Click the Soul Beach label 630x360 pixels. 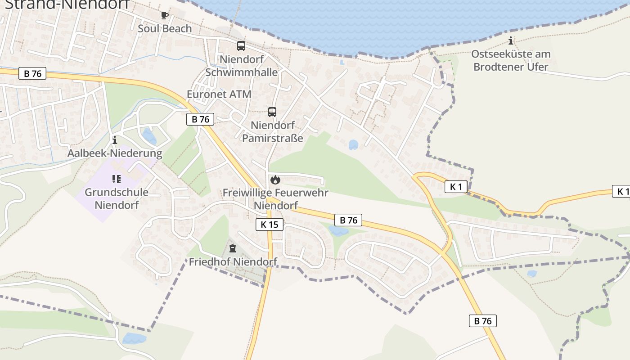point(165,29)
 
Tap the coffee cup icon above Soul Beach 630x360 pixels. point(165,16)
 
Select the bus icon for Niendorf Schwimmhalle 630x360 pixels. point(241,46)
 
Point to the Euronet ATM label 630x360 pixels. point(219,94)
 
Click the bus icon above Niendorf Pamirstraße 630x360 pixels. point(272,112)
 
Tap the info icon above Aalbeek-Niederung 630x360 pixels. point(115,140)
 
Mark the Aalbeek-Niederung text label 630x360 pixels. point(115,153)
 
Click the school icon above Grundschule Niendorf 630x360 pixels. point(117,179)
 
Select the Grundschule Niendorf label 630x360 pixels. point(117,198)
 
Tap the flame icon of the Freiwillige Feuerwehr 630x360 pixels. point(275,180)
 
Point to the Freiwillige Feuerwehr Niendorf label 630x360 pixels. point(275,199)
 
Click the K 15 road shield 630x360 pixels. point(270,224)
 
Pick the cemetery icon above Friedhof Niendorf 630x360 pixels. point(233,248)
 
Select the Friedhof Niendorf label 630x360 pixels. point(233,261)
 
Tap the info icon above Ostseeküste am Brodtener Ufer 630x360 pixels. point(511,41)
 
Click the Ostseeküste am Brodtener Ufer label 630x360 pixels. point(511,60)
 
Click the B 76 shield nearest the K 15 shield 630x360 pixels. point(348,220)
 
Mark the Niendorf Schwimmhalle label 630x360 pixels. point(241,66)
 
